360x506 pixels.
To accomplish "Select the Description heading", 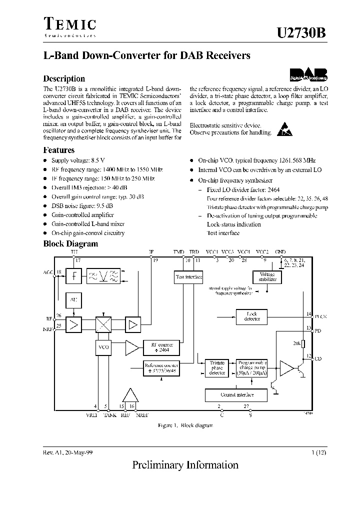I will click(x=64, y=78).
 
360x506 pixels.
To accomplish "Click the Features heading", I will click(x=59, y=150).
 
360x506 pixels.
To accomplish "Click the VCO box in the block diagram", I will click(x=103, y=346).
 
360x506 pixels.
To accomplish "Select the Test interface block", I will click(x=188, y=276).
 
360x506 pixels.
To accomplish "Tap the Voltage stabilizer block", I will click(x=264, y=277).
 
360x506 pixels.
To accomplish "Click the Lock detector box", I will click(x=252, y=316).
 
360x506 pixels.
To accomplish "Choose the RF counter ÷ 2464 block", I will click(x=159, y=347).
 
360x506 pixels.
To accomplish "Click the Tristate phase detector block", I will click(x=216, y=367).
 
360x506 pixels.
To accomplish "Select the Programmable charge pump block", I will click(x=251, y=367).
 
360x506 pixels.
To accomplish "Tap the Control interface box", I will click(x=236, y=394).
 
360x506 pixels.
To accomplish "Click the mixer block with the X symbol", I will click(x=103, y=324).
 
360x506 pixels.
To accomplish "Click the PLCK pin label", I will click(x=320, y=316).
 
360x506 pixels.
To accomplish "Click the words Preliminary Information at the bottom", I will click(x=185, y=465).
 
